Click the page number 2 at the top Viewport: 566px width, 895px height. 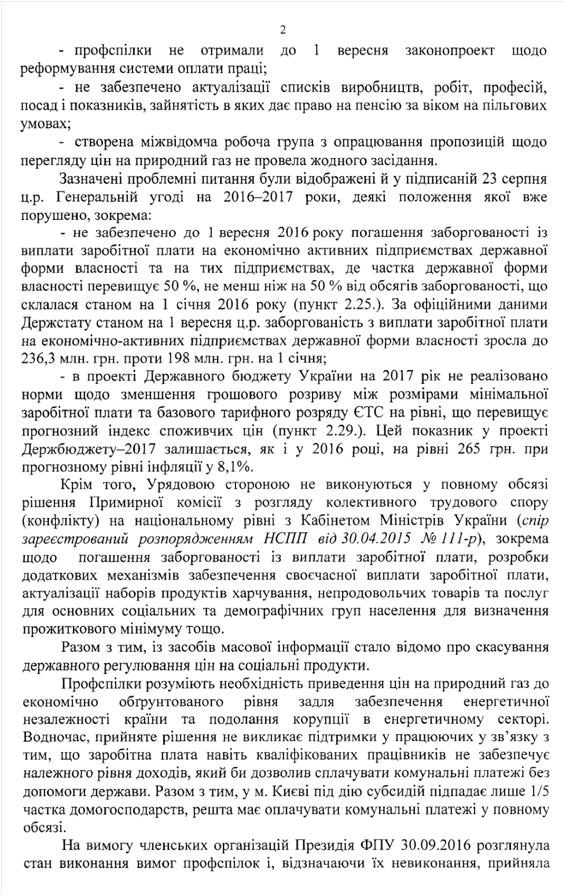pos(282,30)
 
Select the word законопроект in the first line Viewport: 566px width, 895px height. pos(450,50)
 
